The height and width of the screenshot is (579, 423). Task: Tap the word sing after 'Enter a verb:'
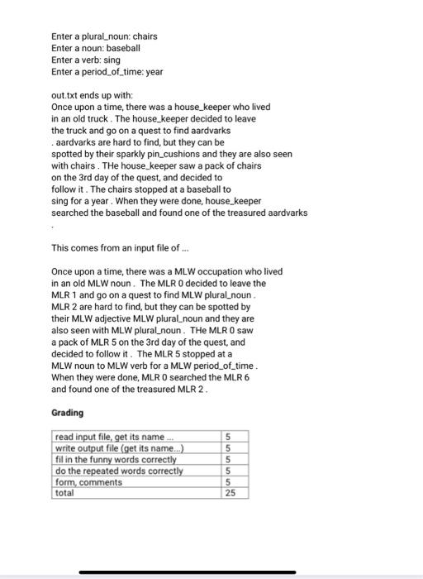[x=116, y=60]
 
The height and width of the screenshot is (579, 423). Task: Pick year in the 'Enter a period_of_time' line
[x=154, y=72]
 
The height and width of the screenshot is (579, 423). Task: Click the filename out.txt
[x=64, y=95]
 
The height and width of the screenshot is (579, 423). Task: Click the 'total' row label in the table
[x=64, y=493]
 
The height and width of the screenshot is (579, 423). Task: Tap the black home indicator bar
[x=211, y=572]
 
